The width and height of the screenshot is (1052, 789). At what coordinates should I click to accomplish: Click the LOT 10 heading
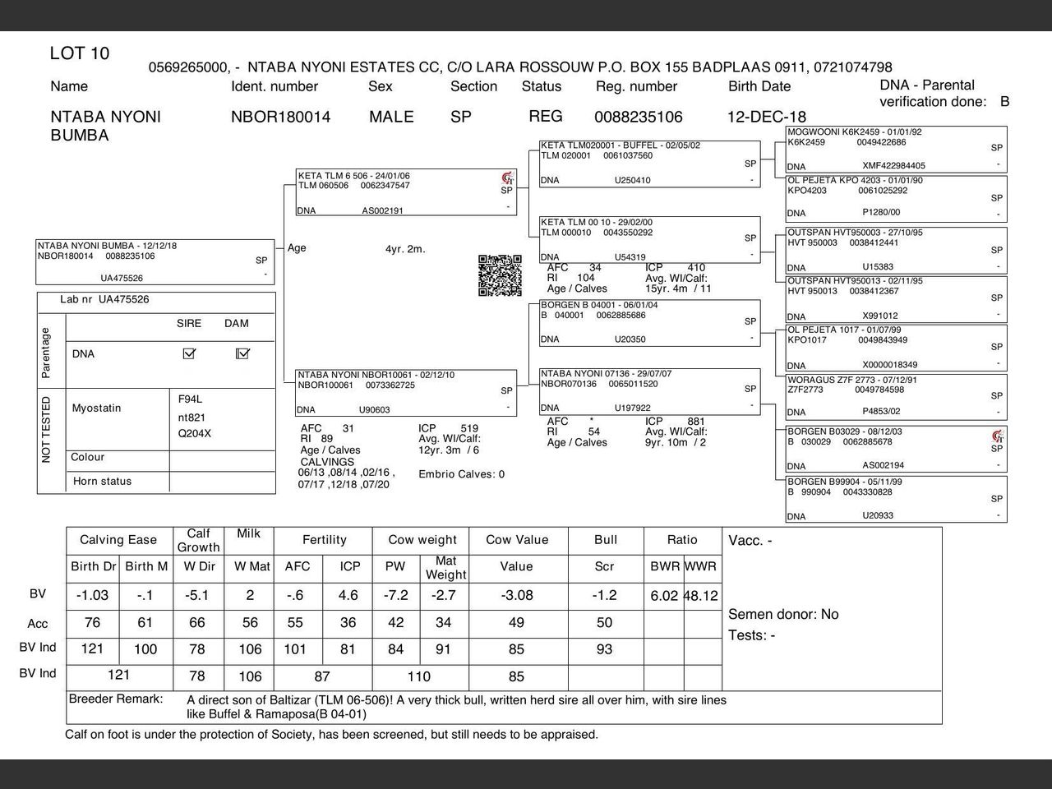click(x=80, y=54)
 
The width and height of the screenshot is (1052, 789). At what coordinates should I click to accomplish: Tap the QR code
click(x=500, y=275)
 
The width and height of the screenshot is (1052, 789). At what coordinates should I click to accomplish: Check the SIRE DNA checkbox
click(x=189, y=353)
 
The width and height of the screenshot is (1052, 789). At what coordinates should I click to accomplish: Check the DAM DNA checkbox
click(x=242, y=353)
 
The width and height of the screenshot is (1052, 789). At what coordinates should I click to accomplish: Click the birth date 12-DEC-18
click(x=766, y=117)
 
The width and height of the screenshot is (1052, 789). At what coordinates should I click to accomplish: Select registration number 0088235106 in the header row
click(x=638, y=117)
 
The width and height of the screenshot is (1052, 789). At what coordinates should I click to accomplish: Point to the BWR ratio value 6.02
click(x=664, y=596)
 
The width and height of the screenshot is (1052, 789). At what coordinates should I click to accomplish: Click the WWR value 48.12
click(x=701, y=596)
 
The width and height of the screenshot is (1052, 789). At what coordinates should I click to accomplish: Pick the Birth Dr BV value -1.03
click(x=92, y=595)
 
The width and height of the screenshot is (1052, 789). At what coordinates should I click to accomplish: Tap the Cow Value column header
click(x=516, y=540)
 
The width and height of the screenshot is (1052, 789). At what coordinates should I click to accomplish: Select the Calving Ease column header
click(x=118, y=540)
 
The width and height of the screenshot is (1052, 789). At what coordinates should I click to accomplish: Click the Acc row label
click(x=38, y=624)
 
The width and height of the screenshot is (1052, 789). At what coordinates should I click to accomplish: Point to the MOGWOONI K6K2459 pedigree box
click(x=896, y=149)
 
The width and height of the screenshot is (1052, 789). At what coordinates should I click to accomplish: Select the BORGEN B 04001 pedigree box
click(x=649, y=322)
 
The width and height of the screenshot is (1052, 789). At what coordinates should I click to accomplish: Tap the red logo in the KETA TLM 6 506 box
click(x=507, y=178)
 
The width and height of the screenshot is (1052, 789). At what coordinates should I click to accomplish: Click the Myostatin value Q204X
click(x=195, y=433)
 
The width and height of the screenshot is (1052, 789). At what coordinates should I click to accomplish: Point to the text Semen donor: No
click(x=783, y=614)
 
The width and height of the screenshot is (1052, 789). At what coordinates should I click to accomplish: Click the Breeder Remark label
click(x=116, y=699)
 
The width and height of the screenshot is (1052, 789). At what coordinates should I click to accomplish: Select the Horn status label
click(x=102, y=481)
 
